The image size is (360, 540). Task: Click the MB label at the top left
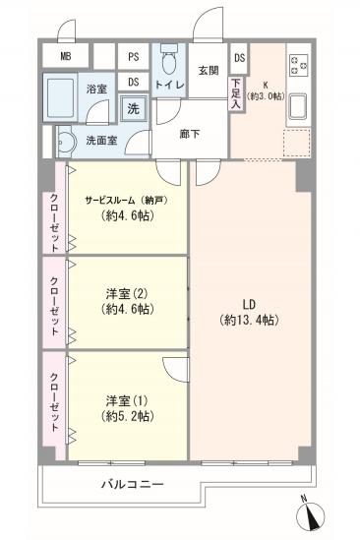point(66,57)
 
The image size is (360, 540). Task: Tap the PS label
point(133,57)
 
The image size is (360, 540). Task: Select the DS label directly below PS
point(133,82)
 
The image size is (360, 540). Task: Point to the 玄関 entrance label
point(208,70)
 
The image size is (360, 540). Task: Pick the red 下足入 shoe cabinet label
point(236,90)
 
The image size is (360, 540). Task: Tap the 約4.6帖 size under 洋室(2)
point(125,309)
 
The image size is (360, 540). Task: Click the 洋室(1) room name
point(125,400)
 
